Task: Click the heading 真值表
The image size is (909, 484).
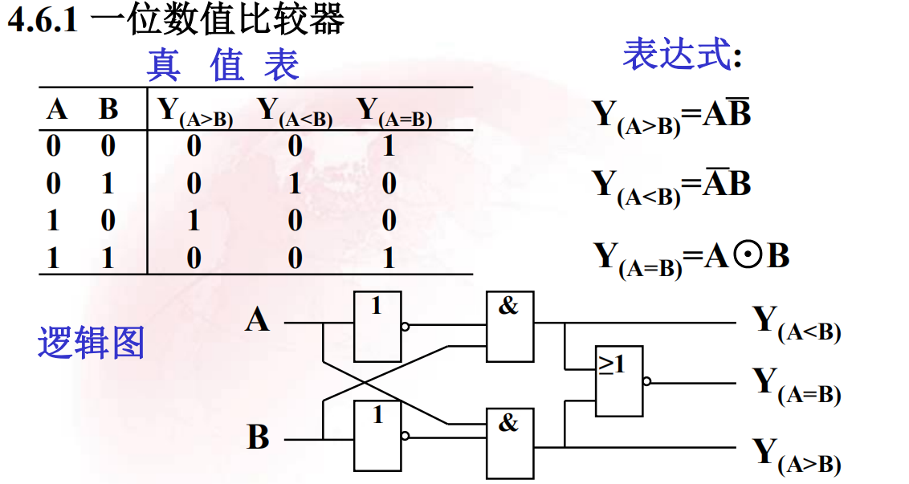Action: pos(222,65)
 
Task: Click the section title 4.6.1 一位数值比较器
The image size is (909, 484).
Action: pos(176,19)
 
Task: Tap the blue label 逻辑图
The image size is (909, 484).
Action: pos(91,343)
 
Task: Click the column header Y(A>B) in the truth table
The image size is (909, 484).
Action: pos(195,112)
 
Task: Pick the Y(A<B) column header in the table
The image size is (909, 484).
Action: pos(295,112)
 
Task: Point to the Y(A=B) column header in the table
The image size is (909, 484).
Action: pos(393,112)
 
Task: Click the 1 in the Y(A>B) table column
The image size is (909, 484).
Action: pos(194,221)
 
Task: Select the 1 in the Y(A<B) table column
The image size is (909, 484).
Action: pos(295,184)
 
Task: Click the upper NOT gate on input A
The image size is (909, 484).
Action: pos(377,327)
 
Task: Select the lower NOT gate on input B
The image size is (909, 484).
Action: pos(377,436)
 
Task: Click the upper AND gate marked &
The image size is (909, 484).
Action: pos(509,327)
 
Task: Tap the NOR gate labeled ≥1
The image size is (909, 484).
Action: pos(618,381)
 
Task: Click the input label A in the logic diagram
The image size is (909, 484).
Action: pos(257,320)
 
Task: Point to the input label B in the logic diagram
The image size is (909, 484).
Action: pos(258,438)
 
